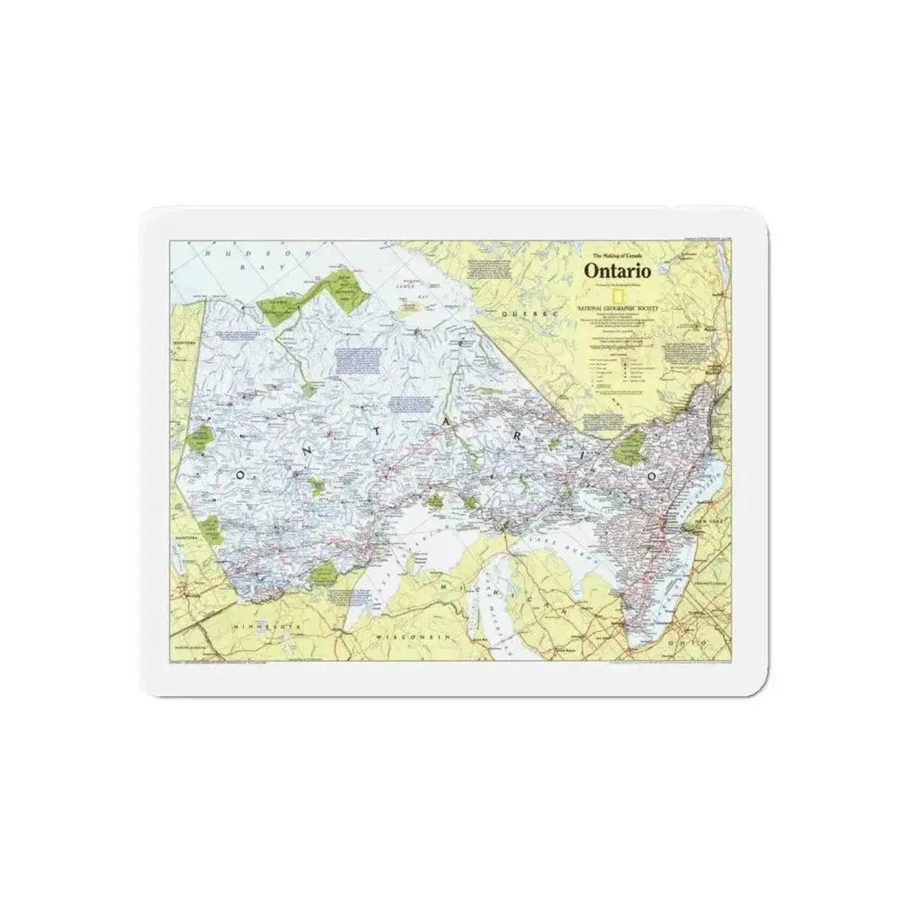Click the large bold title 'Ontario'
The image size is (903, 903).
[617, 269]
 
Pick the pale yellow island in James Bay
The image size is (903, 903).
[408, 310]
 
